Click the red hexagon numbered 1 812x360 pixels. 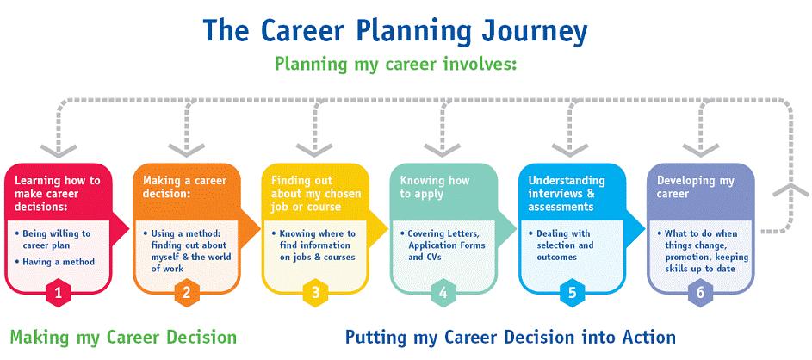point(58,293)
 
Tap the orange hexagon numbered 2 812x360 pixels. point(187,293)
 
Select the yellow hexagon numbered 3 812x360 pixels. point(315,293)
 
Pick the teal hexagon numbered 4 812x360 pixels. point(443,293)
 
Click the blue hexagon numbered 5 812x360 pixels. point(573,293)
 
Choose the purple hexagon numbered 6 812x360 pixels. point(700,293)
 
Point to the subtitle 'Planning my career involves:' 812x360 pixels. point(396,65)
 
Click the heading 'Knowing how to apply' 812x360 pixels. point(435,187)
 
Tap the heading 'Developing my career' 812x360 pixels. point(696,187)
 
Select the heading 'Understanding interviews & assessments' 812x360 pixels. point(567,193)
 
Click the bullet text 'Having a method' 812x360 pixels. point(59,262)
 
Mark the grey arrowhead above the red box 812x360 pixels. point(59,151)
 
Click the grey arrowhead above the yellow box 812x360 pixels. point(315,151)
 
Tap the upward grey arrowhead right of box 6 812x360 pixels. point(790,190)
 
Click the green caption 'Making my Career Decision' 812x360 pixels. point(123,338)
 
